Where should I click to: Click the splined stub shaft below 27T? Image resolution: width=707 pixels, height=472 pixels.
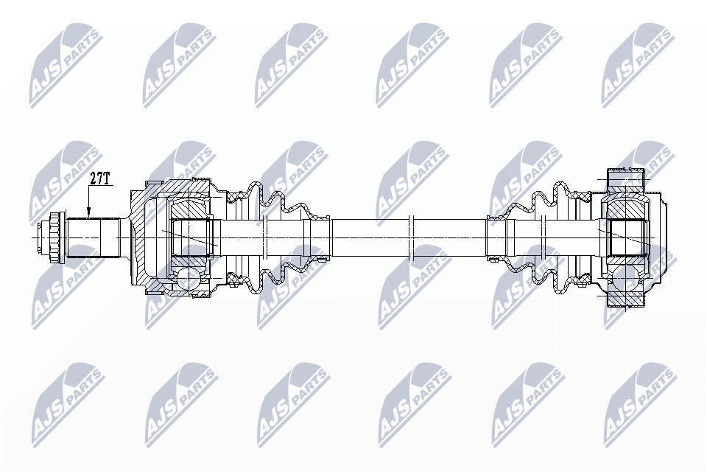coord(94,237)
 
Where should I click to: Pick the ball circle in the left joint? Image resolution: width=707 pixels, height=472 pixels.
coord(187,277)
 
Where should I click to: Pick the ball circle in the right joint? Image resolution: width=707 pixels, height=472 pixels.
coord(627,279)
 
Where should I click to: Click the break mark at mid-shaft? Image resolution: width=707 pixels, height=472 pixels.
coord(414,237)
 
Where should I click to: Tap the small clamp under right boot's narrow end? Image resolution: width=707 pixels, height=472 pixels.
coord(495,258)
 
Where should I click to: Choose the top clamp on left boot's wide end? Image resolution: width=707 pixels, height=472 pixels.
coord(234,196)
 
